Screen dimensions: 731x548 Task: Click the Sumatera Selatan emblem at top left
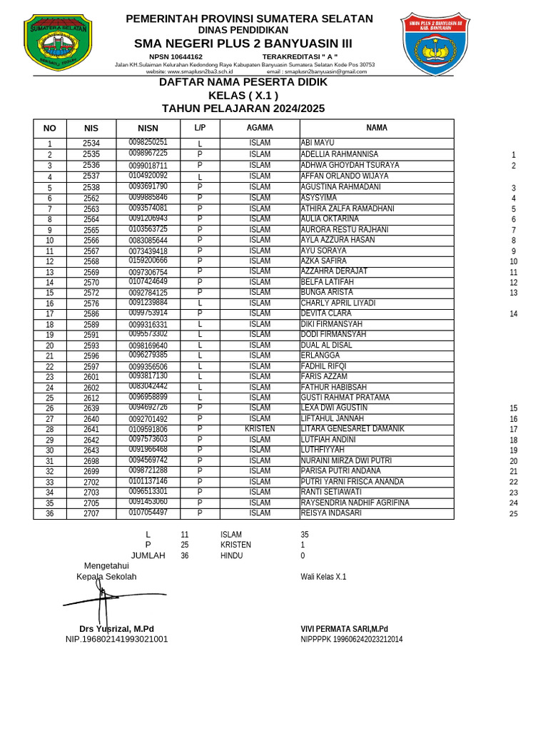58,43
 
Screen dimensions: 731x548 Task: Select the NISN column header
148,128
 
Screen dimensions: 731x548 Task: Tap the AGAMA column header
260,128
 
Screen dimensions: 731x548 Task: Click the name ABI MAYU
318,143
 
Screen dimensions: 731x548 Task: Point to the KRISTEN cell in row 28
260,429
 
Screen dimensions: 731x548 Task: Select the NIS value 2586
91,314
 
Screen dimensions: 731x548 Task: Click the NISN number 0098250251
148,143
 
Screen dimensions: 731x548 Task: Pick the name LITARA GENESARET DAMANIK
352,429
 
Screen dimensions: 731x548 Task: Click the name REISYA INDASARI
331,513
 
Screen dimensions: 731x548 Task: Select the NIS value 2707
91,514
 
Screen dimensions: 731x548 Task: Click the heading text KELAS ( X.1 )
243,96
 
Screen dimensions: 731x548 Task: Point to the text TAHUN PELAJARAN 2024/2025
243,109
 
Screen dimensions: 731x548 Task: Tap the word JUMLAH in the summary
148,555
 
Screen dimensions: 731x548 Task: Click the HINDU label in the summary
231,555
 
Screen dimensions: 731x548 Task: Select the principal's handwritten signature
103,601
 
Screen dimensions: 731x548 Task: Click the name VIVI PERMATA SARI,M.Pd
344,629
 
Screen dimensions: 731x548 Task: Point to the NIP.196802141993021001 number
116,639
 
